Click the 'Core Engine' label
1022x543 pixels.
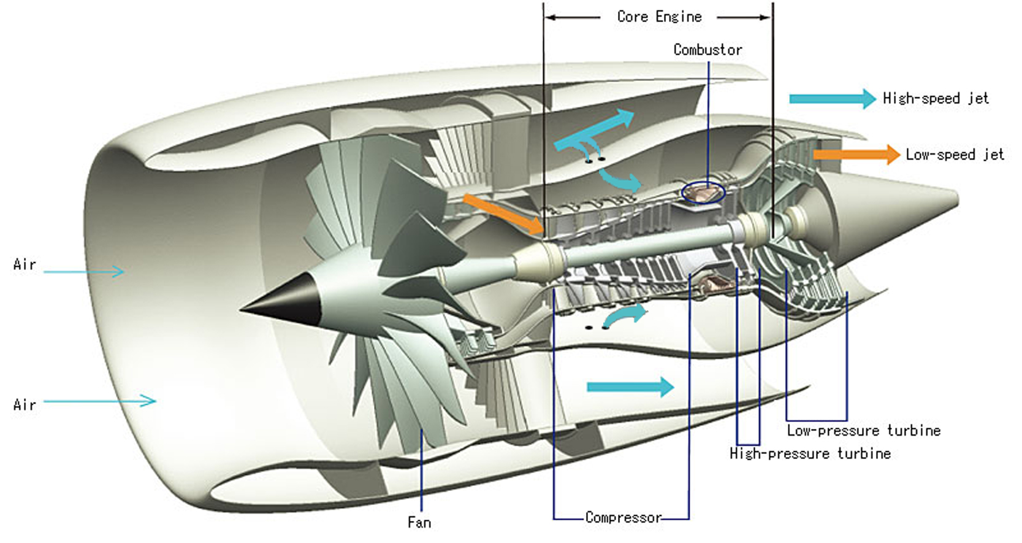(659, 17)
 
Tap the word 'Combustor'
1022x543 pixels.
(707, 50)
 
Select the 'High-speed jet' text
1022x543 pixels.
(936, 98)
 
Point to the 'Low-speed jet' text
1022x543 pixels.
(955, 155)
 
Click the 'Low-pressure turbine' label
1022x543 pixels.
(863, 431)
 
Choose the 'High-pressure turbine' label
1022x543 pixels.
(810, 453)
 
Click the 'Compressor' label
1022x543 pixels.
(623, 517)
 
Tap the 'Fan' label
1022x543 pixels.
(419, 522)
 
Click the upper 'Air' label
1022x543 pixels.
(25, 264)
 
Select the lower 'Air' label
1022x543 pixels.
(25, 404)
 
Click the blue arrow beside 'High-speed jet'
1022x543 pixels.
(832, 99)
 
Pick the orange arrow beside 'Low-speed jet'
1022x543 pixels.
(856, 155)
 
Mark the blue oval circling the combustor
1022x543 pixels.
(703, 193)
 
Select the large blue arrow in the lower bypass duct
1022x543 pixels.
(630, 387)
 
